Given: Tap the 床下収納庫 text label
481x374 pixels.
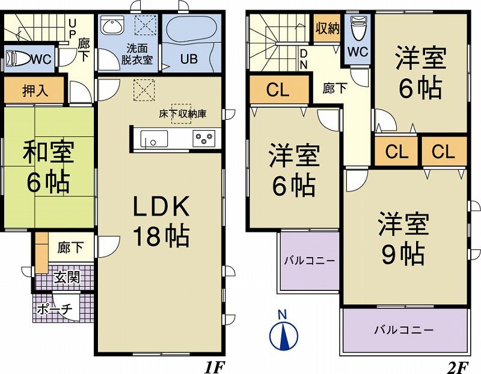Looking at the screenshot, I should (x=182, y=112).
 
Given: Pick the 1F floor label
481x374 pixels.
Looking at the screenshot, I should (x=215, y=364).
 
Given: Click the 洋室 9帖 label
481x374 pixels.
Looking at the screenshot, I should (x=403, y=238).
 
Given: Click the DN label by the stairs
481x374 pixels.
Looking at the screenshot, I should (x=304, y=58).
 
